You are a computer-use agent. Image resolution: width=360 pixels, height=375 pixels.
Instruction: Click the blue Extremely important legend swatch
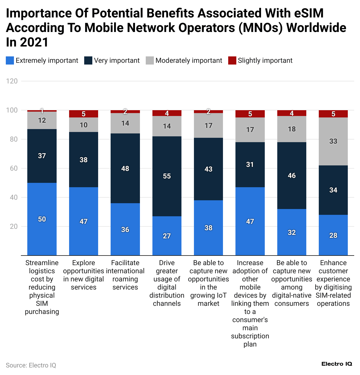[x=10, y=60]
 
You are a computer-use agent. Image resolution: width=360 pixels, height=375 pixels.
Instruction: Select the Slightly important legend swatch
[x=232, y=60]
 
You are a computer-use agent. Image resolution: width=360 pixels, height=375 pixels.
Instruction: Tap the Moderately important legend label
[x=189, y=60]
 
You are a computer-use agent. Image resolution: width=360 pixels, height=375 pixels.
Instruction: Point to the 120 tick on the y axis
[x=12, y=81]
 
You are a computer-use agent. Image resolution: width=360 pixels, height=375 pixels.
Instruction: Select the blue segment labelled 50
[x=42, y=219]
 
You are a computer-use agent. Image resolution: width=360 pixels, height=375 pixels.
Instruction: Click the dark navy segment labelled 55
[x=167, y=176]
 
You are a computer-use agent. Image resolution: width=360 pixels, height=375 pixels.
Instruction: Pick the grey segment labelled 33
[x=333, y=141]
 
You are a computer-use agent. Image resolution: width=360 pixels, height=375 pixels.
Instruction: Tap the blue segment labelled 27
[x=167, y=236]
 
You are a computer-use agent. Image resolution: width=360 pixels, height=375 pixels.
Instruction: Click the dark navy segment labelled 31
[x=250, y=165]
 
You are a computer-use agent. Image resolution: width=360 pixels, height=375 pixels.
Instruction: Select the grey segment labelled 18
[x=292, y=129]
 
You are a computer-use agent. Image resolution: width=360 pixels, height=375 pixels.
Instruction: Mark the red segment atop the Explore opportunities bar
[x=84, y=114]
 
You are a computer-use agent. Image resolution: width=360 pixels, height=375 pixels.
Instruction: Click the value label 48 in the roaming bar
[x=125, y=169]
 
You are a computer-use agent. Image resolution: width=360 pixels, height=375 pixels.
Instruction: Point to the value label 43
[x=208, y=169]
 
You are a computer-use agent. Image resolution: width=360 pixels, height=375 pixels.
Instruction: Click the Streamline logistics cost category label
[x=42, y=287]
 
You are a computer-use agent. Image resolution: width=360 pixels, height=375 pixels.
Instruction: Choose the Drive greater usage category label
[x=167, y=283]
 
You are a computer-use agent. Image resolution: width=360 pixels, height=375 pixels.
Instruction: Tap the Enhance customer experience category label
[x=333, y=283]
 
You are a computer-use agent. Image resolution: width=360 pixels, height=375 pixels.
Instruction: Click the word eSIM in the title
[x=308, y=13]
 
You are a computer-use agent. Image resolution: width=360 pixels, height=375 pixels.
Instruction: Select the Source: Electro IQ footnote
[x=31, y=365]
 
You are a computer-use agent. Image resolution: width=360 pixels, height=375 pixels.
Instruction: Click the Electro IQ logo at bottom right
[x=337, y=364]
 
